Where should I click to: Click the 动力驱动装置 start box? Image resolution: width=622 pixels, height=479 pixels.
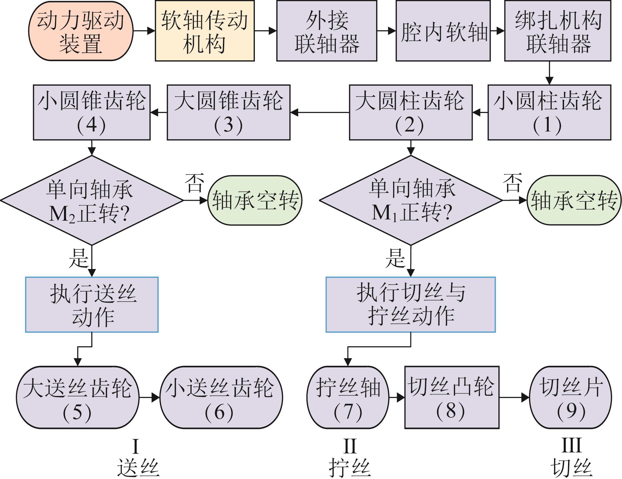coord(81,31)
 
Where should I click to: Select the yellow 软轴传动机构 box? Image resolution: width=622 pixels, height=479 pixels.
coord(205,31)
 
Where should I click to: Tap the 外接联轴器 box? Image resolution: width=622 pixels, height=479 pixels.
coord(326,31)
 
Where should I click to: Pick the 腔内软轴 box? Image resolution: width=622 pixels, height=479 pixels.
coord(443,31)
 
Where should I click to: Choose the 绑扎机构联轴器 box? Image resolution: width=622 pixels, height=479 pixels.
coord(557,31)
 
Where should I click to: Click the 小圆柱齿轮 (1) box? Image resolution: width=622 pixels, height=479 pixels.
coord(549,112)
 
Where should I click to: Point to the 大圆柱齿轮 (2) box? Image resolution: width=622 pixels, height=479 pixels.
coord(410,112)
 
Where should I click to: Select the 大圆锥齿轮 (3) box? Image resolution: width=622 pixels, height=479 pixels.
coord(228,112)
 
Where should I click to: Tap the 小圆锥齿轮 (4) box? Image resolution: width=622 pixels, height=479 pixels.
coord(92,112)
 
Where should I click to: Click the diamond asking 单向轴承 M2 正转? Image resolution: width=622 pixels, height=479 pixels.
coord(92,200)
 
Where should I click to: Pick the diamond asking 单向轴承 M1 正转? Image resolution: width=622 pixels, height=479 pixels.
coord(410,200)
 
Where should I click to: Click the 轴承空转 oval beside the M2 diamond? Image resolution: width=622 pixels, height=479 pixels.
coord(255,200)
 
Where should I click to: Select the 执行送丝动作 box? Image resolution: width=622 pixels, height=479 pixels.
coord(92,304)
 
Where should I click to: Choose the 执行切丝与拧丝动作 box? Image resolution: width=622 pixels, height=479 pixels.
coord(410,304)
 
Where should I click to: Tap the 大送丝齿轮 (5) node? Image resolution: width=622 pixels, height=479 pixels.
coord(77,397)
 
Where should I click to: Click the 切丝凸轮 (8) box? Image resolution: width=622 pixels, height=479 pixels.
coord(452,397)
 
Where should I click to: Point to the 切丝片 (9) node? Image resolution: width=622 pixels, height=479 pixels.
coord(570,397)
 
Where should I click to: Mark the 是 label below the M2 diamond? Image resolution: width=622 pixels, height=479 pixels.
coord(79,258)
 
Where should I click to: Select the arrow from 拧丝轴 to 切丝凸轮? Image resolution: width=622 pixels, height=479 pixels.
coord(397,397)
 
